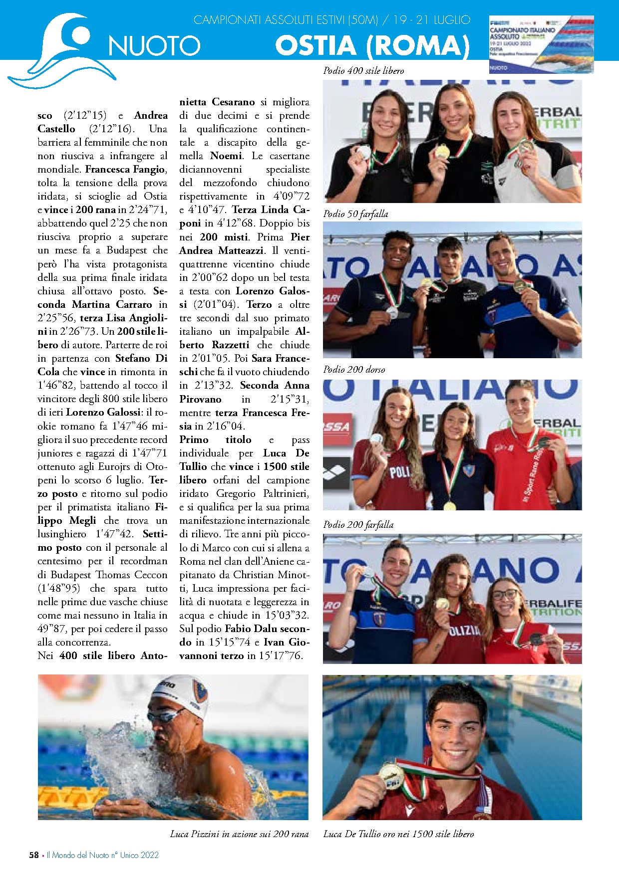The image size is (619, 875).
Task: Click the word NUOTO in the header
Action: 154,46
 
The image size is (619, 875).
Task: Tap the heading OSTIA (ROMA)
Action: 372,46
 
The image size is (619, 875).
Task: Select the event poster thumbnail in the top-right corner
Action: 541,44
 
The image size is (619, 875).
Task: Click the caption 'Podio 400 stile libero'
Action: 363,71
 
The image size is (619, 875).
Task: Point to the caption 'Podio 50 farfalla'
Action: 355,214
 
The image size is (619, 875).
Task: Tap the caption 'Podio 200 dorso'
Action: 354,370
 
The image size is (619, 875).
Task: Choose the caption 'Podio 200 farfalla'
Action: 358,525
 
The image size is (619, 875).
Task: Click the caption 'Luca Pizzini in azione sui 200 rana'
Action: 239,834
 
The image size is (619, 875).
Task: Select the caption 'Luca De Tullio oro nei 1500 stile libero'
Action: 398,834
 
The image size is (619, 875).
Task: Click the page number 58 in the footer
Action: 34,855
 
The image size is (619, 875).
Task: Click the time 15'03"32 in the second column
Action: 286,615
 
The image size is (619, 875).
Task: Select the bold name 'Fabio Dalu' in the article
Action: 250,629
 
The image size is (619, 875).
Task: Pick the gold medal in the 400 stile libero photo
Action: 442,151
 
